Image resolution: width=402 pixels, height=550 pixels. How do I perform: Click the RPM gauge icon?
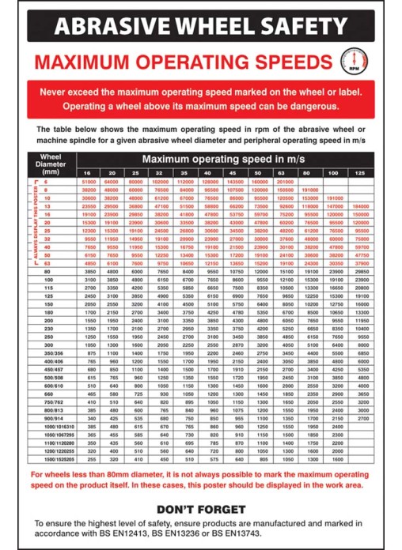tap(360, 63)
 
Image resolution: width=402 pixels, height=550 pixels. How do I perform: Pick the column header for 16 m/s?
tap(89, 172)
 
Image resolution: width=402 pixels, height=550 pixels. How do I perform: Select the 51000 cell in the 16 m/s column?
tap(89, 182)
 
